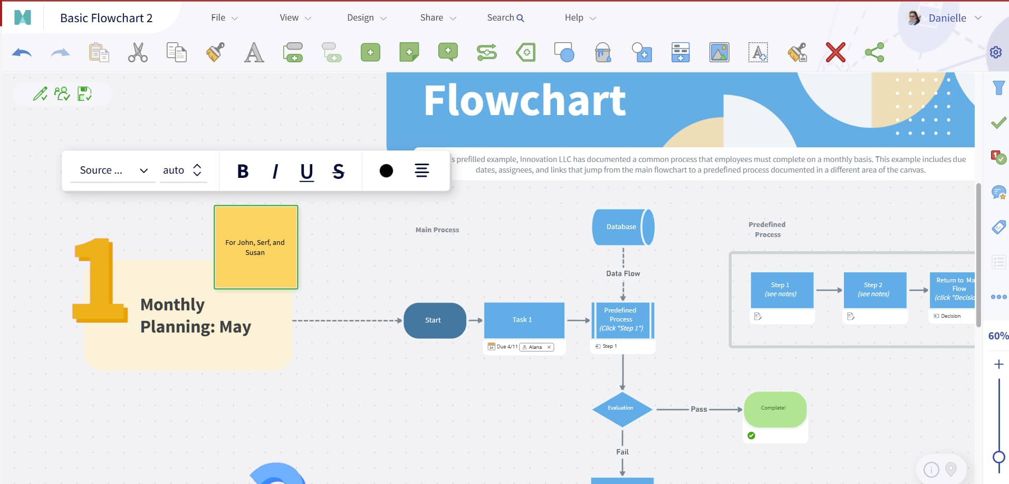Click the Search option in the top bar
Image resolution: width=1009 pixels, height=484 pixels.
click(505, 18)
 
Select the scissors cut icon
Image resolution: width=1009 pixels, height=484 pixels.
click(138, 53)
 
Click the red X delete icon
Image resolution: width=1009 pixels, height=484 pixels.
click(835, 53)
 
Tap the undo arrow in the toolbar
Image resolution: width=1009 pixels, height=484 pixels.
click(22, 53)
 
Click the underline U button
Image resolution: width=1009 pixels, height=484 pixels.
click(306, 171)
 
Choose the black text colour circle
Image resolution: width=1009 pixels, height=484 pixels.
click(386, 171)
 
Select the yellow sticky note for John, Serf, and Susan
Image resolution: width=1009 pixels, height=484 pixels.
click(256, 247)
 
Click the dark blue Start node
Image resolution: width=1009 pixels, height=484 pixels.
click(435, 320)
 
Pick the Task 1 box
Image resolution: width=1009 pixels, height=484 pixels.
click(523, 320)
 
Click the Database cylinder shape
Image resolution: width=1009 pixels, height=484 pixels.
click(622, 227)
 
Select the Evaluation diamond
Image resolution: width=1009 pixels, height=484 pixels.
click(622, 409)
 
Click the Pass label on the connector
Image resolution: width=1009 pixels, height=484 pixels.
click(699, 409)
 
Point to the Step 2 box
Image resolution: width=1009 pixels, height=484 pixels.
click(875, 290)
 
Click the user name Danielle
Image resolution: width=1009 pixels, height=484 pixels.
click(947, 18)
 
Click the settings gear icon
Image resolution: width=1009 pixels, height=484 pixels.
click(995, 52)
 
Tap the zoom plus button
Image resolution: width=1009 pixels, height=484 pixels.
click(998, 364)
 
